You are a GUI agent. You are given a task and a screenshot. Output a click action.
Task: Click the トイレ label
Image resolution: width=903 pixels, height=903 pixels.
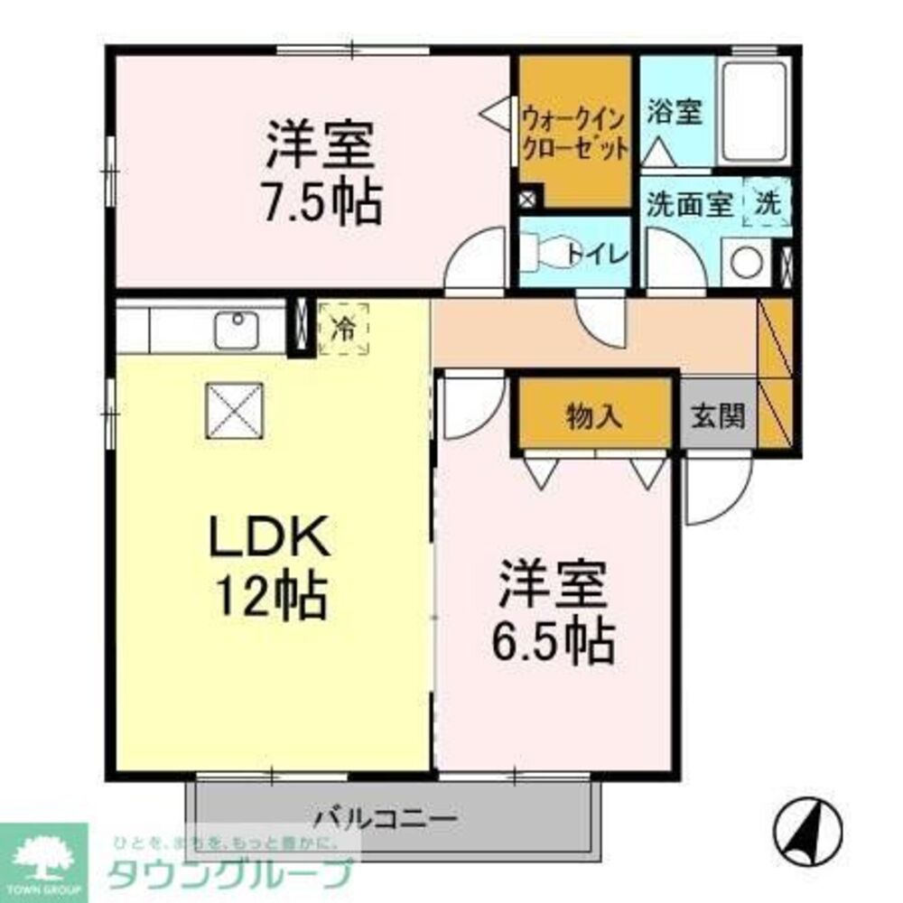click(597, 254)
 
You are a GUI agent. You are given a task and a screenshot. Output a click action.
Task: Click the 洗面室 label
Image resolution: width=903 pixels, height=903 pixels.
click(688, 205)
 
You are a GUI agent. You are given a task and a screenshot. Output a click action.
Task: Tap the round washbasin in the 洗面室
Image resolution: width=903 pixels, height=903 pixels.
click(747, 263)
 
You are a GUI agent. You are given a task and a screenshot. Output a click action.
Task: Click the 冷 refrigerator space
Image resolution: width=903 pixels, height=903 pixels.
click(343, 328)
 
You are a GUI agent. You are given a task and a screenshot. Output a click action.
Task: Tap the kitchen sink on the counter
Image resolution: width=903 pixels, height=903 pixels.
click(237, 330)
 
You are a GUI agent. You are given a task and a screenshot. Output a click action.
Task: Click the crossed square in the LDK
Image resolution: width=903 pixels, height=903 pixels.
click(234, 409)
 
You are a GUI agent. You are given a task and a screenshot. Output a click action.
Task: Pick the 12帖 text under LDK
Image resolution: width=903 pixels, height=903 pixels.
click(269, 595)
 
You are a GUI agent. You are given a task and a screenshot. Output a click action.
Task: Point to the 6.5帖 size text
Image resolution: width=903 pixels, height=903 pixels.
click(553, 640)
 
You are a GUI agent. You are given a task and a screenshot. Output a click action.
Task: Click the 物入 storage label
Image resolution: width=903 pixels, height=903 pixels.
click(594, 415)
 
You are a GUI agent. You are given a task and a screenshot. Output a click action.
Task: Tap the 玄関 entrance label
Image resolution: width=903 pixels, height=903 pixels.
click(719, 415)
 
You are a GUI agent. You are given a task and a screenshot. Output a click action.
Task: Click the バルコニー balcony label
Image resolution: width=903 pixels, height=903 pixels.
click(386, 820)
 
